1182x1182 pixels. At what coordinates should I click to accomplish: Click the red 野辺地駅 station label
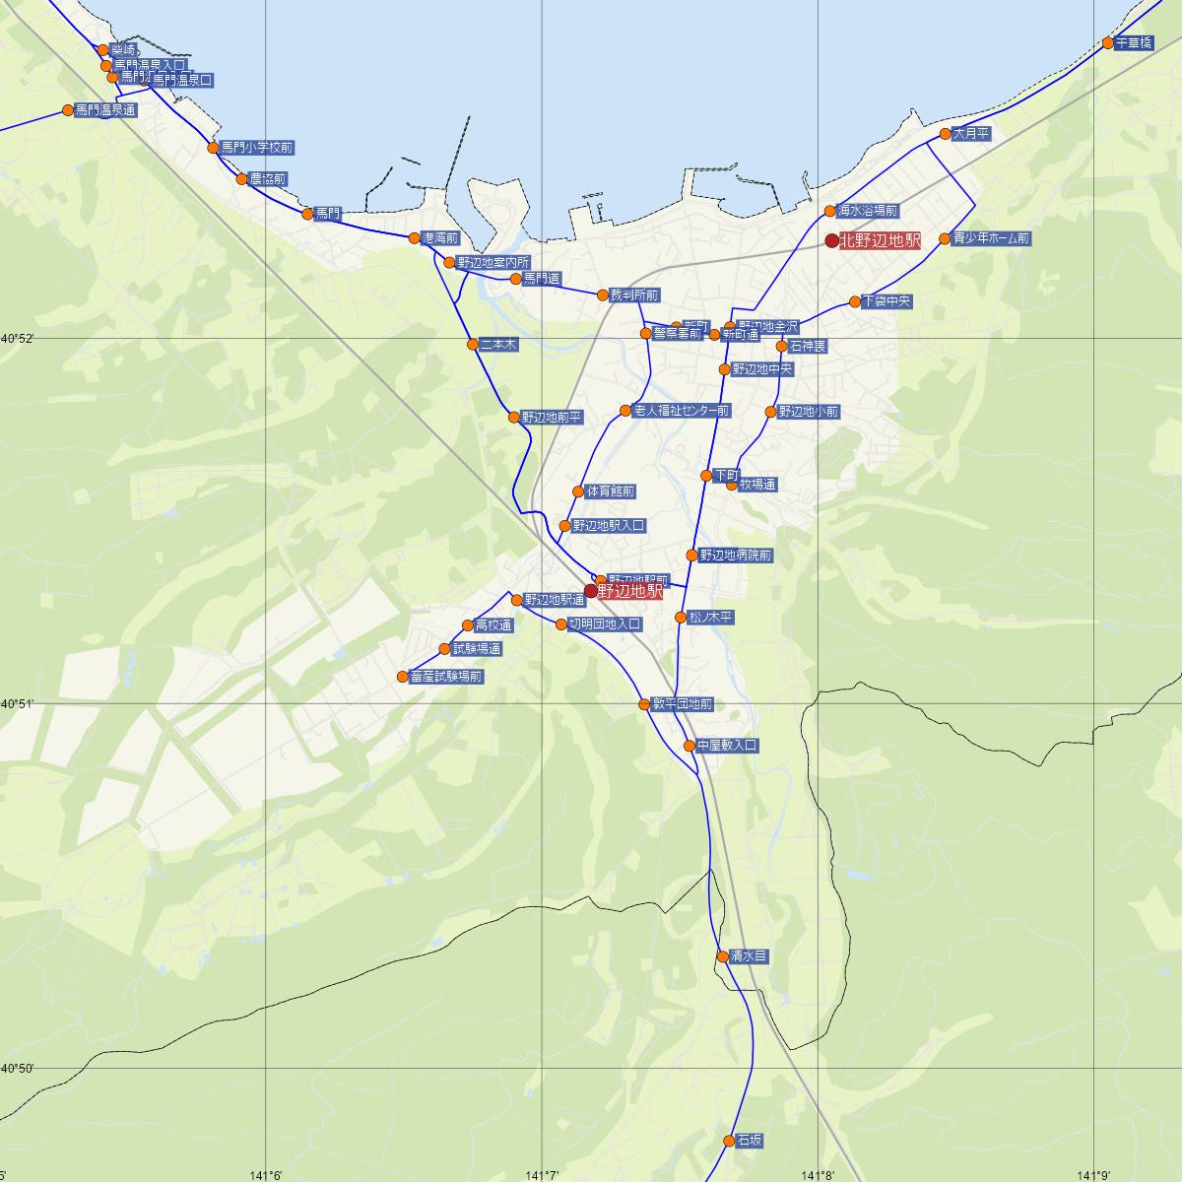coord(630,592)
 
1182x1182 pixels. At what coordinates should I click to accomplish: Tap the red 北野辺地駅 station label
coord(880,241)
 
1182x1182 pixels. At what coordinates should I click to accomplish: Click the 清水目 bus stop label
coord(749,956)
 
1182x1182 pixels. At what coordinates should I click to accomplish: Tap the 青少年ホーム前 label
coord(991,238)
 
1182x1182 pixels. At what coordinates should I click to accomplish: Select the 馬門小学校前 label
coord(256,148)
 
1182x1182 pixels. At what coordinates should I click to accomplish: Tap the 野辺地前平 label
coord(552,418)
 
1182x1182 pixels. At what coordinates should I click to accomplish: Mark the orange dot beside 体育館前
coord(578,492)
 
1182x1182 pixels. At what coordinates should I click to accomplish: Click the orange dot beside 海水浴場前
coord(830,211)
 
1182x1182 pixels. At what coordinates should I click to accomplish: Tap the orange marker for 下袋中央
coord(855,301)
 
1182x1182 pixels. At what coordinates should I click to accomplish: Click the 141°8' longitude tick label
coord(818,1174)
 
